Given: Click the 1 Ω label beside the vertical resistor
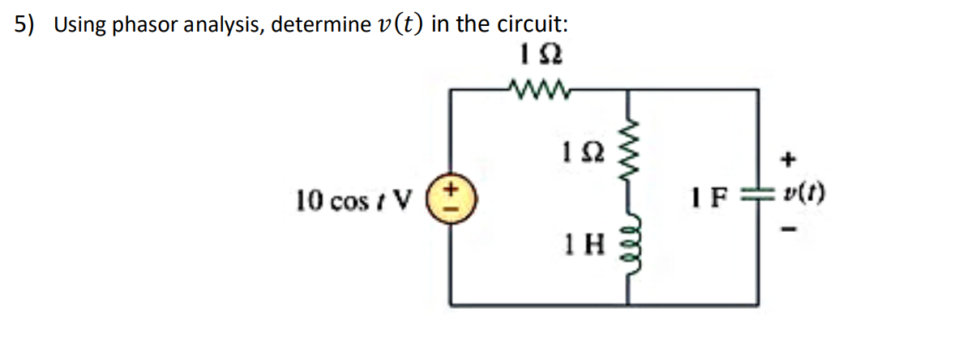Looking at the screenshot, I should pyautogui.click(x=578, y=151).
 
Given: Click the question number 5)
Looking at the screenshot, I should pyautogui.click(x=24, y=25).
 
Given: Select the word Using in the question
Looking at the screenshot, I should pyautogui.click(x=81, y=25).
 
